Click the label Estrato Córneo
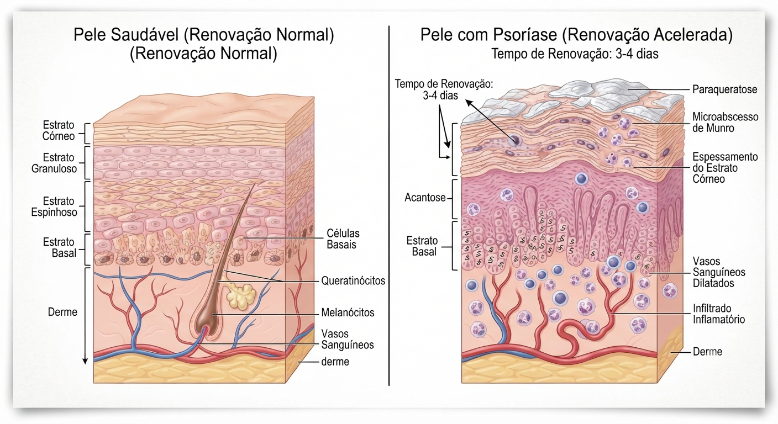coord(59,130)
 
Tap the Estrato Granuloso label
coord(54,163)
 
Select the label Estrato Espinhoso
coord(54,206)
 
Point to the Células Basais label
coord(343,239)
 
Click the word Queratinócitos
coord(353,280)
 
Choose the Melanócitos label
coord(348,312)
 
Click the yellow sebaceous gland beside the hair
coord(241,296)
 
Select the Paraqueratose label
coord(724,89)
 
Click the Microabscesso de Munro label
coord(725,123)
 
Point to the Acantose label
coord(425,198)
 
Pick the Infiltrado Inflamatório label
coord(719,314)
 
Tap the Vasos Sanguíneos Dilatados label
coord(719,272)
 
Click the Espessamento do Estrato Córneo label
coord(725,168)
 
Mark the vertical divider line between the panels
coord(389,205)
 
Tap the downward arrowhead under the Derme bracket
coord(85,361)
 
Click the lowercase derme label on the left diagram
coord(335,362)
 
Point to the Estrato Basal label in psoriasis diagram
coord(422,246)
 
